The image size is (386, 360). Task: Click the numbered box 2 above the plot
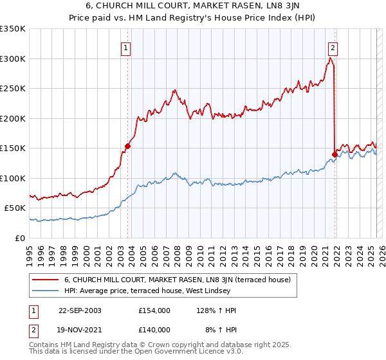[x=333, y=46]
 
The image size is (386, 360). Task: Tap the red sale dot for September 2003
[x=127, y=146]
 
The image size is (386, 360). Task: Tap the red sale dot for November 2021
[x=335, y=154]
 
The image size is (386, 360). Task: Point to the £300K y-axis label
[x=13, y=59]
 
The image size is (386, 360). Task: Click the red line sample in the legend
[x=45, y=280]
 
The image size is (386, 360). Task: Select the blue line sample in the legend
[x=45, y=291]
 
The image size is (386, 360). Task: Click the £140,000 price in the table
[x=154, y=329]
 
